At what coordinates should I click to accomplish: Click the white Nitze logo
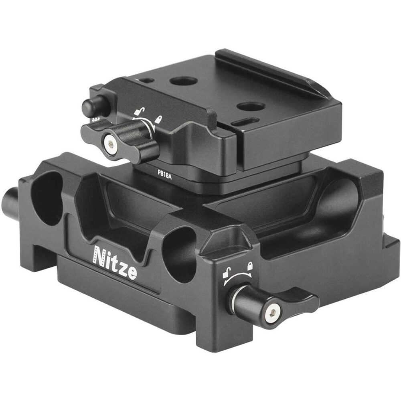click(x=115, y=263)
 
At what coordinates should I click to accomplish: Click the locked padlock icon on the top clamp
click(x=159, y=119)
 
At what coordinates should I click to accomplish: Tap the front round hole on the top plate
click(x=251, y=107)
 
